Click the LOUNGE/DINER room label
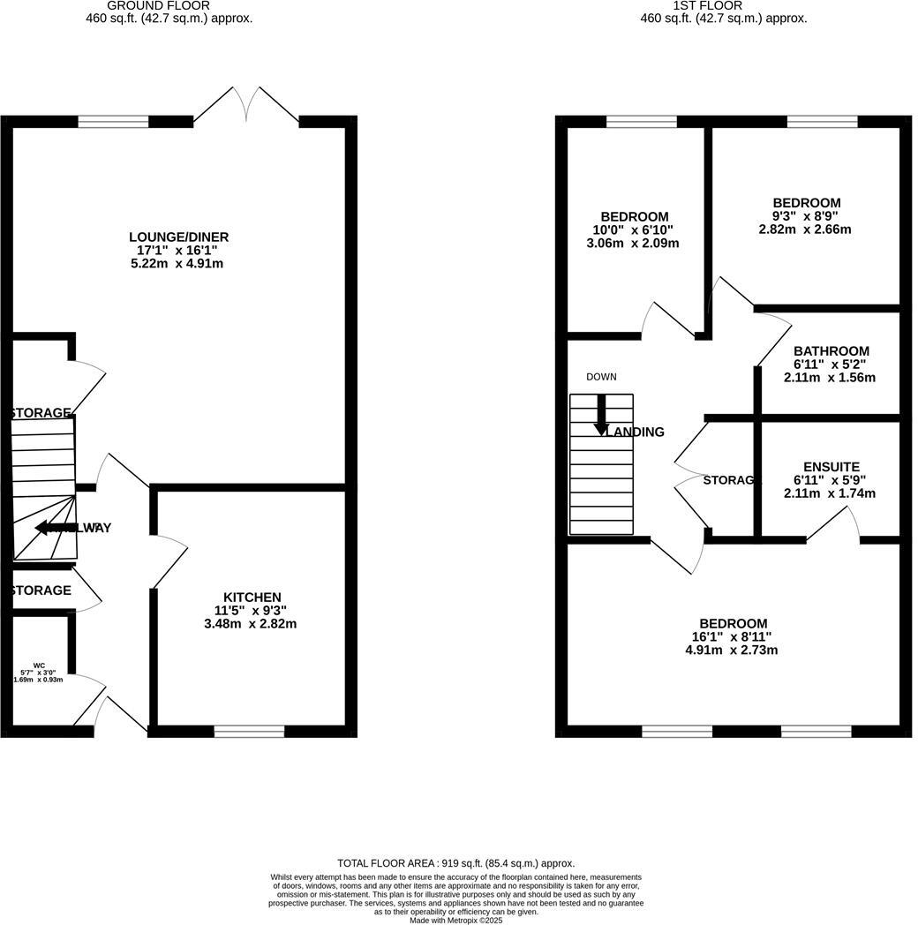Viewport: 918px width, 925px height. point(178,237)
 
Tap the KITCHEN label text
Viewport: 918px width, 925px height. point(252,598)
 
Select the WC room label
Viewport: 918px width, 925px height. point(39,666)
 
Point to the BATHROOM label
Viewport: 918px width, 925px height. point(831,350)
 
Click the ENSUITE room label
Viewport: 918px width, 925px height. point(831,467)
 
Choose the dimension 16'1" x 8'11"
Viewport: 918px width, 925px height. point(731,636)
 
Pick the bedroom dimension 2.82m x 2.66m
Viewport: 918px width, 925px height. point(806,229)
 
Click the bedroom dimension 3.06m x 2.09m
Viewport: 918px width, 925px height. point(634,244)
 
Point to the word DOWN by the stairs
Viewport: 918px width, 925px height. point(601,377)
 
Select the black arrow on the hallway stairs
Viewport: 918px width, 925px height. point(53,528)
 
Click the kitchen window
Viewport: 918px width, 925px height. point(249,731)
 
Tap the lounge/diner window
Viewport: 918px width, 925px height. point(113,122)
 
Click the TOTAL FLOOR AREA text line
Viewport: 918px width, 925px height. point(455,863)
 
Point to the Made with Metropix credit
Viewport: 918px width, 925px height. point(455,920)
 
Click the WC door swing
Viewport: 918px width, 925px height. point(88,697)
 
